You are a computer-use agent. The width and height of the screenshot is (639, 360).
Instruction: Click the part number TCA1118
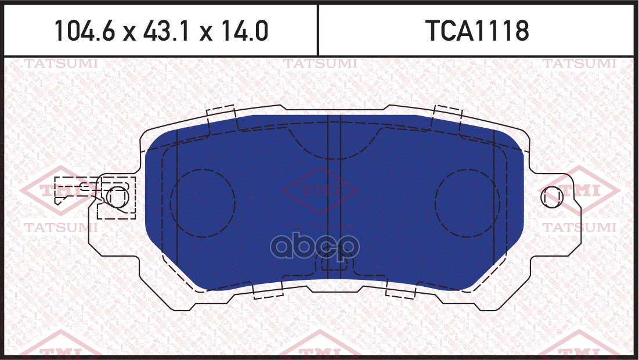(477, 31)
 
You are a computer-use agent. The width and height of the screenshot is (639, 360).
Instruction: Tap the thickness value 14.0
(244, 31)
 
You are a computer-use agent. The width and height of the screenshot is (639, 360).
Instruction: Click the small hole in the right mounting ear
(552, 197)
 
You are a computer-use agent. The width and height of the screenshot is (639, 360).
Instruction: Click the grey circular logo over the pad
(315, 246)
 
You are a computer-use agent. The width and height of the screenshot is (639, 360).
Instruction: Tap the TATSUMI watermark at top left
(61, 64)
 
